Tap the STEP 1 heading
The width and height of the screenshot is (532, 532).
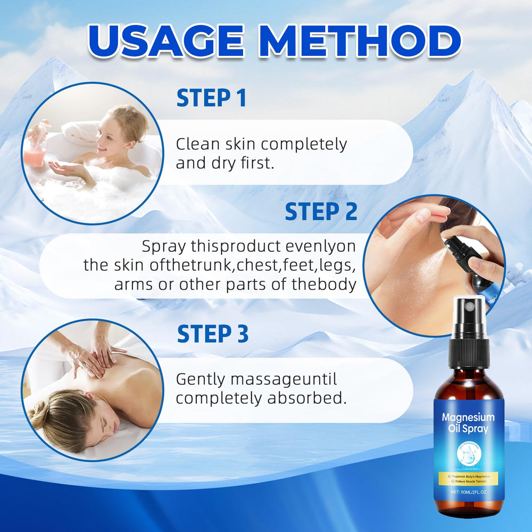tap(211, 99)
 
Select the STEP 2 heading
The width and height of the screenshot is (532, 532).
tap(321, 212)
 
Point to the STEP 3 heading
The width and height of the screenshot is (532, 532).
tap(212, 334)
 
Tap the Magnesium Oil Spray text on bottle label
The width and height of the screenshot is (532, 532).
tap(468, 423)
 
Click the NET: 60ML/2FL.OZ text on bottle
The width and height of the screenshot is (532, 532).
tap(468, 492)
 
